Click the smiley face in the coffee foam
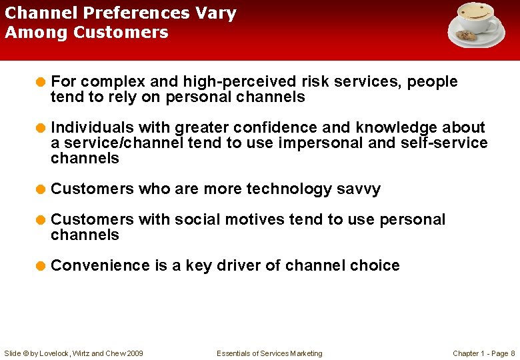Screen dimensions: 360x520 click(x=475, y=12)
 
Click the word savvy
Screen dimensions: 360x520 click(x=358, y=189)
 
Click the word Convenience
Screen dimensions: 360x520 click(x=100, y=265)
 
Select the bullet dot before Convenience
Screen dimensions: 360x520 click(x=41, y=266)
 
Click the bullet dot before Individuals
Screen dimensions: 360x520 click(x=41, y=128)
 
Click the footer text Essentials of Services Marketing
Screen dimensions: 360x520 click(x=269, y=353)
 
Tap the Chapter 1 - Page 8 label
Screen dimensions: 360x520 click(x=483, y=353)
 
